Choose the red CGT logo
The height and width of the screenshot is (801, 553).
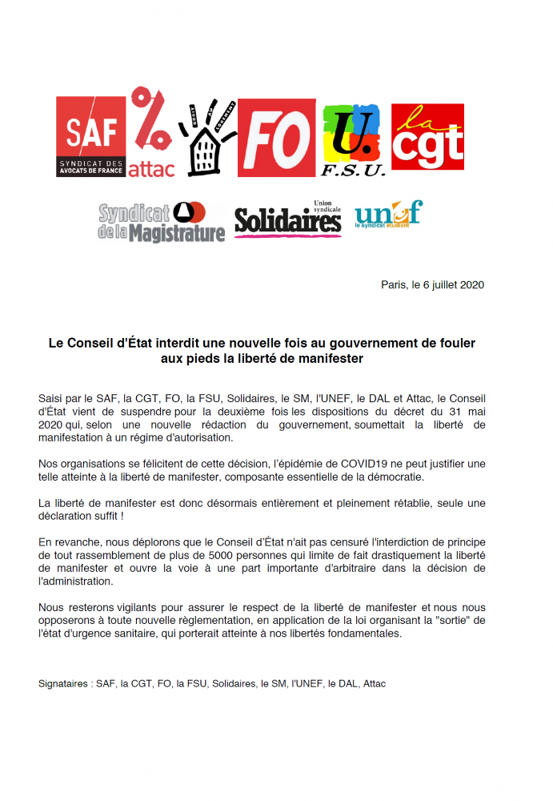pos(427,137)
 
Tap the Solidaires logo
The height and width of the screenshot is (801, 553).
pos(288,219)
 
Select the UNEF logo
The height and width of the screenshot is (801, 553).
pos(388,215)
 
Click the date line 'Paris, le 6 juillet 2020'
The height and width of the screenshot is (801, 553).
pos(432,284)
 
